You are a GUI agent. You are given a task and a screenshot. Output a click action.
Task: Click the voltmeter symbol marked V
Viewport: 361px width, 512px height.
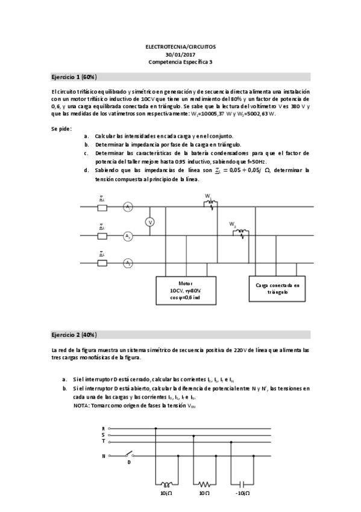point(151,222)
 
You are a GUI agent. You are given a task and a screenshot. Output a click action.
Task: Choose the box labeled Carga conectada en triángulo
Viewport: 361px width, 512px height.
point(277,287)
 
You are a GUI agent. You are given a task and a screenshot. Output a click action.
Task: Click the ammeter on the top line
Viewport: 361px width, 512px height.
point(128,207)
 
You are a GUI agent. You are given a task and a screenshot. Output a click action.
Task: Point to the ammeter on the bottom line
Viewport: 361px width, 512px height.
point(128,263)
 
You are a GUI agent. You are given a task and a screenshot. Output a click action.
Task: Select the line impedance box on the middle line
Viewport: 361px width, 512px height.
point(102,235)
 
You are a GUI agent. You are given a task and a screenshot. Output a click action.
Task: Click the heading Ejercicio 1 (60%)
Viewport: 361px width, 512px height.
point(74,77)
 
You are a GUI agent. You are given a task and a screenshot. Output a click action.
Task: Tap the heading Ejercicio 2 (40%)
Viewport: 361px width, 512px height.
point(74,334)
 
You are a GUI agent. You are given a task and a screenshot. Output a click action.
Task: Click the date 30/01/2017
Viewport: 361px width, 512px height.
point(180,54)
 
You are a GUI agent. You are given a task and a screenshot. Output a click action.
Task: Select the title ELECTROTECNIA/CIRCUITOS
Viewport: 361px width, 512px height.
point(180,46)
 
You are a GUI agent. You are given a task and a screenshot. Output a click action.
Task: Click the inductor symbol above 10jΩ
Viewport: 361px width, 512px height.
point(164,484)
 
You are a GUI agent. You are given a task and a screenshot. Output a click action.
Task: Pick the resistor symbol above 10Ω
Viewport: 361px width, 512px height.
point(204,484)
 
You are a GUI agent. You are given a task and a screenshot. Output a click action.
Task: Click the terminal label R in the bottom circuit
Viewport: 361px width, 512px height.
point(104,428)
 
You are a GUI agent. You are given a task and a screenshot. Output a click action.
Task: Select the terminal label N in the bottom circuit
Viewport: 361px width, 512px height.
point(104,456)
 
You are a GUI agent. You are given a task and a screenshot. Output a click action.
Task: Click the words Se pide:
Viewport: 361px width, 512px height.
point(61,128)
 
